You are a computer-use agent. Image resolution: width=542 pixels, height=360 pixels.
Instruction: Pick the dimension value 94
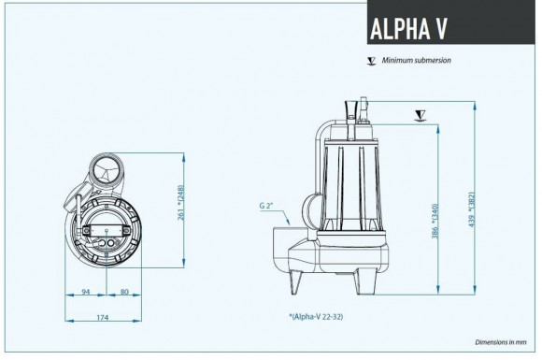[85, 292]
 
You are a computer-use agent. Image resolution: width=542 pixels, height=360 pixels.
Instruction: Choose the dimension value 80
[124, 292]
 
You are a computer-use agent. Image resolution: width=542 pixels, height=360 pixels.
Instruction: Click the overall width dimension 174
[104, 318]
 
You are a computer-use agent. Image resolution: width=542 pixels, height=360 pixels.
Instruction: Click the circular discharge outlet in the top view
[105, 173]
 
